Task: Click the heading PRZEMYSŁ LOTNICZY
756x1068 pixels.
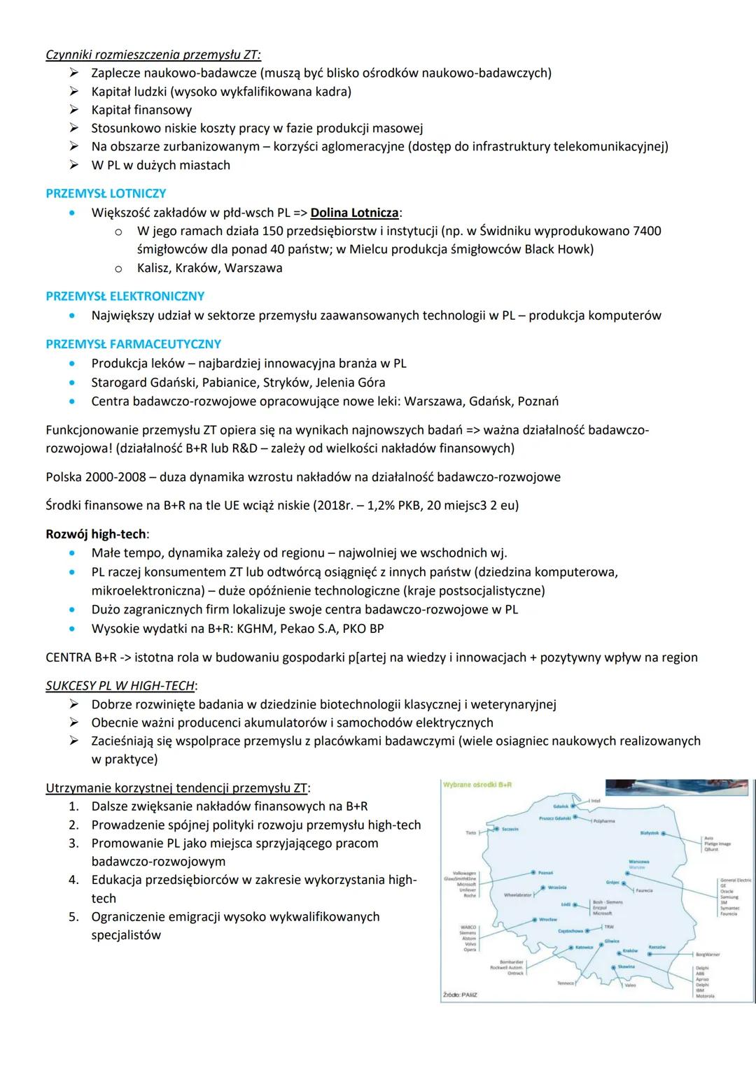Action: point(106,194)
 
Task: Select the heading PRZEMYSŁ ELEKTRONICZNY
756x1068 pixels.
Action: point(125,297)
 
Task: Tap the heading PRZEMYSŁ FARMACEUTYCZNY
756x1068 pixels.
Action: point(133,344)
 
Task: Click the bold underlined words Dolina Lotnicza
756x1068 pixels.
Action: point(354,213)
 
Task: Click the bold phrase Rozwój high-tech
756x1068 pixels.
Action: point(96,534)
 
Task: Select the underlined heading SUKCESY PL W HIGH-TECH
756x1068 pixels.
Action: point(120,685)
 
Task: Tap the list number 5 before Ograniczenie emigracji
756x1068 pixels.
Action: point(73,917)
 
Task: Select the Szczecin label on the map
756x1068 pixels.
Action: point(510,829)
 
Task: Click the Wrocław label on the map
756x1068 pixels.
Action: point(547,919)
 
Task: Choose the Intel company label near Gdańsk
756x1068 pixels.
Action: point(596,801)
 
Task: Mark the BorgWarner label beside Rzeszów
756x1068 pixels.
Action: point(708,954)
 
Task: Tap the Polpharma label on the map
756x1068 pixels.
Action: point(604,820)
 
